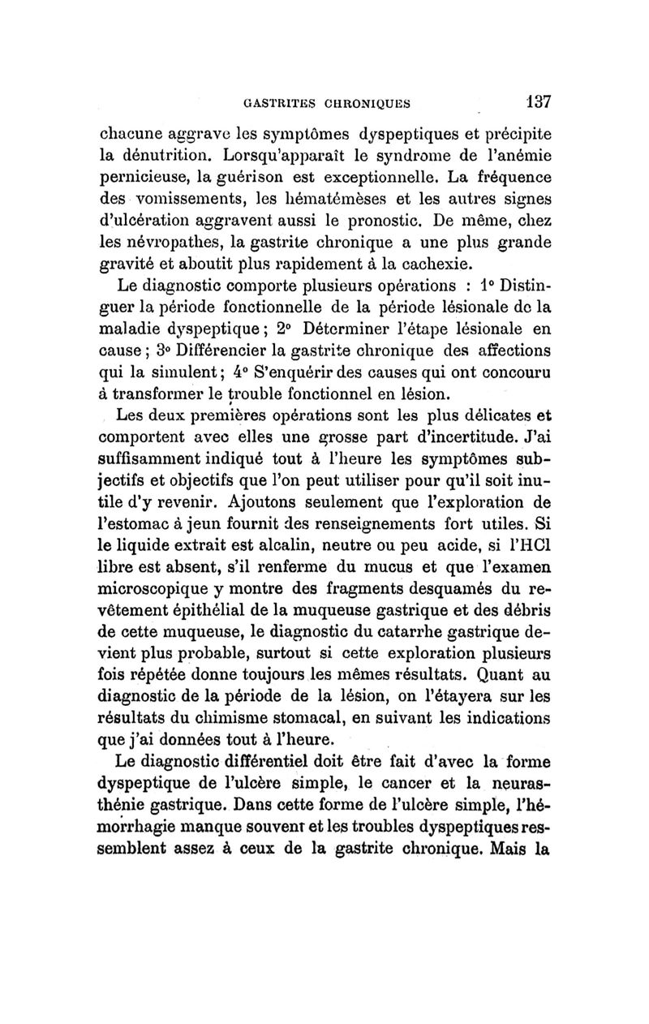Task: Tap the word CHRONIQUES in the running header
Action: tap(364, 103)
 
